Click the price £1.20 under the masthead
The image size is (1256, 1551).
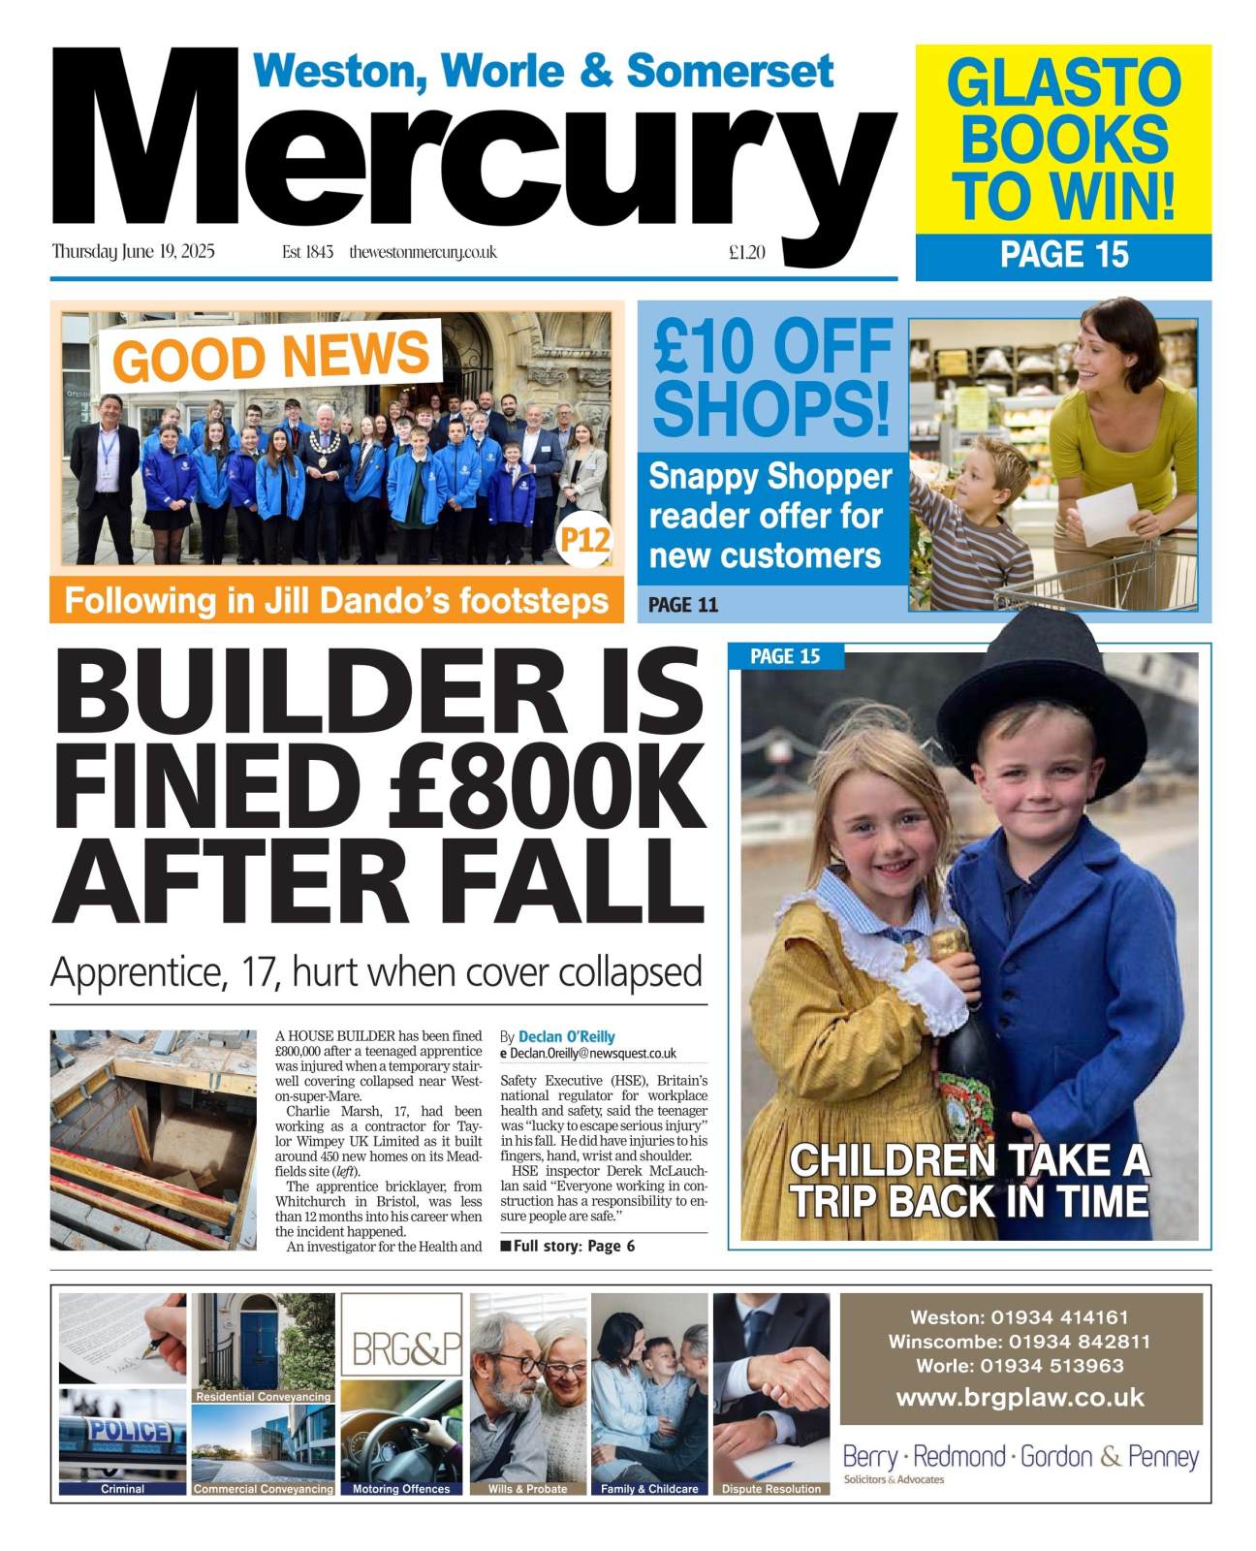(x=746, y=253)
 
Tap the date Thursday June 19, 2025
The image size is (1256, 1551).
(x=134, y=252)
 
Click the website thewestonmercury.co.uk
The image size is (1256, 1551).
(x=424, y=252)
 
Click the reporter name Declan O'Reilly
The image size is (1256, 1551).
(x=566, y=1036)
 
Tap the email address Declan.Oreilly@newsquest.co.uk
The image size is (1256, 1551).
(x=593, y=1053)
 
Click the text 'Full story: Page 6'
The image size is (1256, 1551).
(x=573, y=1246)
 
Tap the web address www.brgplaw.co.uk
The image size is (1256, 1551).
(x=1020, y=1398)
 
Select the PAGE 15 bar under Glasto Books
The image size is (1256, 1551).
(x=1063, y=255)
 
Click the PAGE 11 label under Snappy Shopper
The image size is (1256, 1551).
(x=683, y=605)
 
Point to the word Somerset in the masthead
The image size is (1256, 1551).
(x=730, y=72)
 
